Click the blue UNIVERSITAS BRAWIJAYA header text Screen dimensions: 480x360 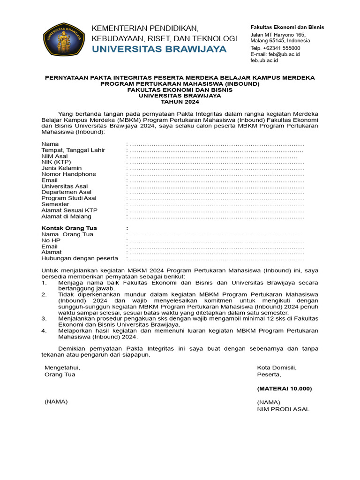159,49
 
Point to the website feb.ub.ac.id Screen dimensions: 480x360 264,60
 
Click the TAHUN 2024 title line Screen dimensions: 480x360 180,102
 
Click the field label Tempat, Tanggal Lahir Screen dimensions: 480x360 73,150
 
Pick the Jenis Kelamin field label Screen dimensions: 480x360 61,168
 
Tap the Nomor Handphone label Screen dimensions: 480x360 68,174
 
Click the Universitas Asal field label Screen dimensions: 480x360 64,186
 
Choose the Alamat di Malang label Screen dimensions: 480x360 66,217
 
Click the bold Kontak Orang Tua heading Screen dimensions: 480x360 69,228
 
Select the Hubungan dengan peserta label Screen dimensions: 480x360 80,258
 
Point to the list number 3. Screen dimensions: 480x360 44,318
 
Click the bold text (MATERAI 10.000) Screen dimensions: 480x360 284,389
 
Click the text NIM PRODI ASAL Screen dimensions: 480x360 283,409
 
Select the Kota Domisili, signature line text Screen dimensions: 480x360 277,367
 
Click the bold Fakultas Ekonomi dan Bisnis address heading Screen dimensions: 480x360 287,27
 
